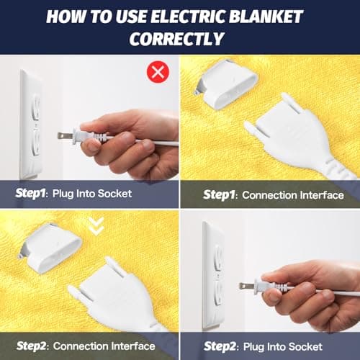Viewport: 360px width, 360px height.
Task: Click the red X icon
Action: point(158,71)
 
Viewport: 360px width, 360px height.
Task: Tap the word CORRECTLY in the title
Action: point(176,39)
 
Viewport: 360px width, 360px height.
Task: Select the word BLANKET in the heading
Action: point(266,17)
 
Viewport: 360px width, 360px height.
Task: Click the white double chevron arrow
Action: point(96,226)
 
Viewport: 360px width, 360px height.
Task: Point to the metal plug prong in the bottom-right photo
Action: point(247,287)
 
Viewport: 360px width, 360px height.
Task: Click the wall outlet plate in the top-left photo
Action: point(31,125)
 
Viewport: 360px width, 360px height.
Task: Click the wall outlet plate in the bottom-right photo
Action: point(214,276)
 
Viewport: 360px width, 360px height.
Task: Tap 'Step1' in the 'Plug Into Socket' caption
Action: point(30,193)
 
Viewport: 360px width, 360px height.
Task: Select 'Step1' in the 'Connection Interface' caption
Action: point(218,194)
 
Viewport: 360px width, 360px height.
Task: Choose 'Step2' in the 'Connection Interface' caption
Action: point(31,346)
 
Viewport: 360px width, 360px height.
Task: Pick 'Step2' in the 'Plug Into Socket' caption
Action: point(219,346)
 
